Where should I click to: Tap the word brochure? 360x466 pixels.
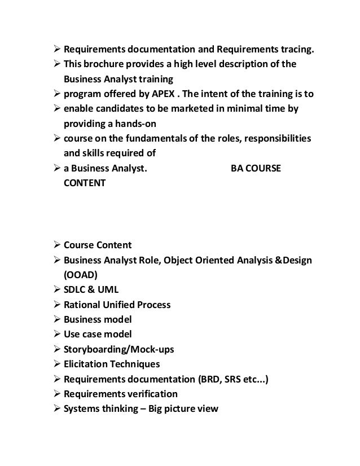(x=102, y=64)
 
